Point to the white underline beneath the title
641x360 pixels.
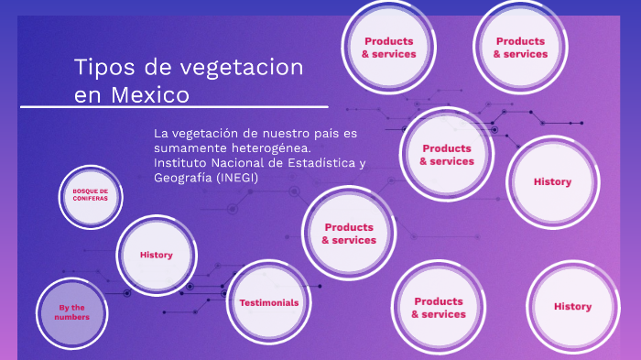point(174,108)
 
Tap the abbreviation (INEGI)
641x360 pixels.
point(238,178)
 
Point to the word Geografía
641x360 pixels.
point(183,178)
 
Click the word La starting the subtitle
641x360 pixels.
point(162,133)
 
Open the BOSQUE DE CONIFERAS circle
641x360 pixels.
point(91,195)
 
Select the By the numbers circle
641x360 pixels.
point(71,312)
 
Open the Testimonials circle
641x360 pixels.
point(268,302)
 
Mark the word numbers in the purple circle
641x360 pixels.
point(71,317)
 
